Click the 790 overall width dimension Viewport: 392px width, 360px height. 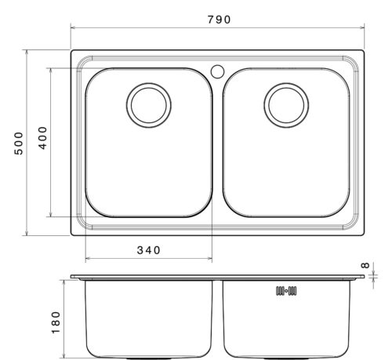[x=220, y=20]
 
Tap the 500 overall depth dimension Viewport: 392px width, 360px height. [x=19, y=144]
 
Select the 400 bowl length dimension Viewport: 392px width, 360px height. [x=43, y=138]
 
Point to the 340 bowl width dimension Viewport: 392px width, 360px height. [x=148, y=250]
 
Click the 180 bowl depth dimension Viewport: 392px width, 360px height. [x=56, y=322]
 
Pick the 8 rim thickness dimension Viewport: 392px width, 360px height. [x=365, y=265]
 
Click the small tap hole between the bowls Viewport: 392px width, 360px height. [x=217, y=71]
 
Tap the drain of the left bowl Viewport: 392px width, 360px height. [x=149, y=105]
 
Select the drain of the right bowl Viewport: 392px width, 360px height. [x=286, y=105]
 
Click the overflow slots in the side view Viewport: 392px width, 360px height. [x=286, y=291]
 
